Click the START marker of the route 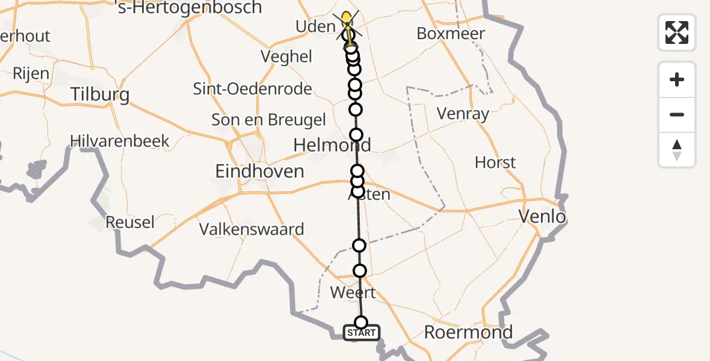pos(361,332)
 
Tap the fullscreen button pos(677,32)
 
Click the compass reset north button pos(677,149)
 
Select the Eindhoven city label pos(259,171)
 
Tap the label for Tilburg pos(100,94)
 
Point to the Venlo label pos(544,216)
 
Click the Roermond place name pos(468,332)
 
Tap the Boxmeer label pos(451,34)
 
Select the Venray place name pos(463,114)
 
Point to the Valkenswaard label pos(252,229)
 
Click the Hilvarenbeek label pos(120,141)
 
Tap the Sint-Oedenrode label pos(253,89)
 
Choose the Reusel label pos(130,222)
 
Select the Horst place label pos(495,162)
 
